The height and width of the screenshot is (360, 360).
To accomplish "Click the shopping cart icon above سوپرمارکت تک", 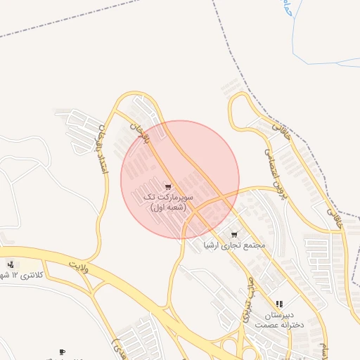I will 167,187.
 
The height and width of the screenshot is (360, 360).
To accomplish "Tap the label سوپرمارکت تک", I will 167,198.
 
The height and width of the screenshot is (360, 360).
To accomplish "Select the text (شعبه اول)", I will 167,207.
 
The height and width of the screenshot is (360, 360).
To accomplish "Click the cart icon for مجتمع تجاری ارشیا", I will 234,235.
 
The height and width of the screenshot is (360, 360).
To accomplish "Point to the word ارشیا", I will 212,245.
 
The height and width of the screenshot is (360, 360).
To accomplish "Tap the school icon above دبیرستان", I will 279,304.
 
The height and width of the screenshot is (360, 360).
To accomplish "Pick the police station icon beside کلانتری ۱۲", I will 10,264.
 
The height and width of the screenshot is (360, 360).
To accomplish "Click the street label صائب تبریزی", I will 247,300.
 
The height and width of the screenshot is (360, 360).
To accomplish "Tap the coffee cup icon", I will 62,352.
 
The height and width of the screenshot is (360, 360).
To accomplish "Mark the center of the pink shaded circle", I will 180,179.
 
